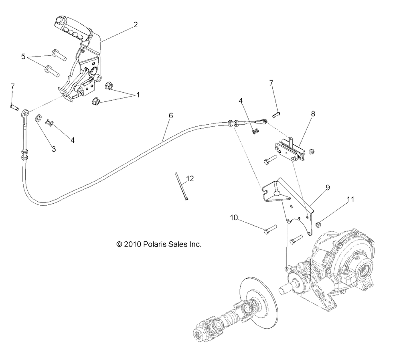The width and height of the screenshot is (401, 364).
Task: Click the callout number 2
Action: tap(136, 25)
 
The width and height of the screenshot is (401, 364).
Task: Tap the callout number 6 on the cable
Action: tap(171, 116)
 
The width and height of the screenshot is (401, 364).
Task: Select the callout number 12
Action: tap(190, 179)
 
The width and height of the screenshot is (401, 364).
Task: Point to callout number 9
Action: tap(328, 188)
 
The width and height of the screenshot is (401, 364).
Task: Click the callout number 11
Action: tap(350, 199)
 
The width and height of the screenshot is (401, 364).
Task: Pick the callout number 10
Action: tap(234, 218)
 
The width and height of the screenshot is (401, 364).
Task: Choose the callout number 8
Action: tap(313, 114)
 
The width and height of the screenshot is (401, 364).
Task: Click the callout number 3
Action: tap(54, 149)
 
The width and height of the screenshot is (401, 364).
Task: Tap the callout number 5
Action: tap(23, 57)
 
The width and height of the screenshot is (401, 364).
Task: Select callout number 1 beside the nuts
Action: tap(138, 95)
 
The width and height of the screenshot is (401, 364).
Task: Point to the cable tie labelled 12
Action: tap(181, 186)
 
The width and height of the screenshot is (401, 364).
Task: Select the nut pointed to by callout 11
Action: tap(318, 224)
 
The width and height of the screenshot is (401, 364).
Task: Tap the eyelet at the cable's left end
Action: tap(25, 113)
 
